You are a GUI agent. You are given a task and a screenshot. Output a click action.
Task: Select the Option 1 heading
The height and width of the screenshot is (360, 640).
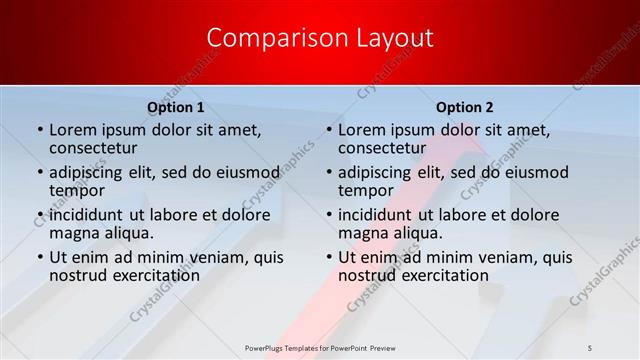[x=176, y=107]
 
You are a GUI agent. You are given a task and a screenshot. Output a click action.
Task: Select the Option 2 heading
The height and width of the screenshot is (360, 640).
[x=464, y=107]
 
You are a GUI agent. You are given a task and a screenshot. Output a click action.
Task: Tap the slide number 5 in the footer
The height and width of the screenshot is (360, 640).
[x=589, y=347]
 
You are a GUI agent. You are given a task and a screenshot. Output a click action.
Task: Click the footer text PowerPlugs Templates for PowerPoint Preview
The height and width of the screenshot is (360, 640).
[x=319, y=347]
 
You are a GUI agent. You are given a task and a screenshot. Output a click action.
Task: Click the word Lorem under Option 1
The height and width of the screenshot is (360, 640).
[x=73, y=129]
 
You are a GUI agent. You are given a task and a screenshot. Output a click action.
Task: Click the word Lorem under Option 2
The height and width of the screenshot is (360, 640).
[x=362, y=129]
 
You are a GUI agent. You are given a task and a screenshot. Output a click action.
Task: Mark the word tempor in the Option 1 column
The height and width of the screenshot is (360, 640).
[x=77, y=190]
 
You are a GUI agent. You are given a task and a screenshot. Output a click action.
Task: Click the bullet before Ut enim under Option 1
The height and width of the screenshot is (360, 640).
[x=39, y=257]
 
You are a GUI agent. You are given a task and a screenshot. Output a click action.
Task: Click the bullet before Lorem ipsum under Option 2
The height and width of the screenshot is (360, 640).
[x=328, y=130]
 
